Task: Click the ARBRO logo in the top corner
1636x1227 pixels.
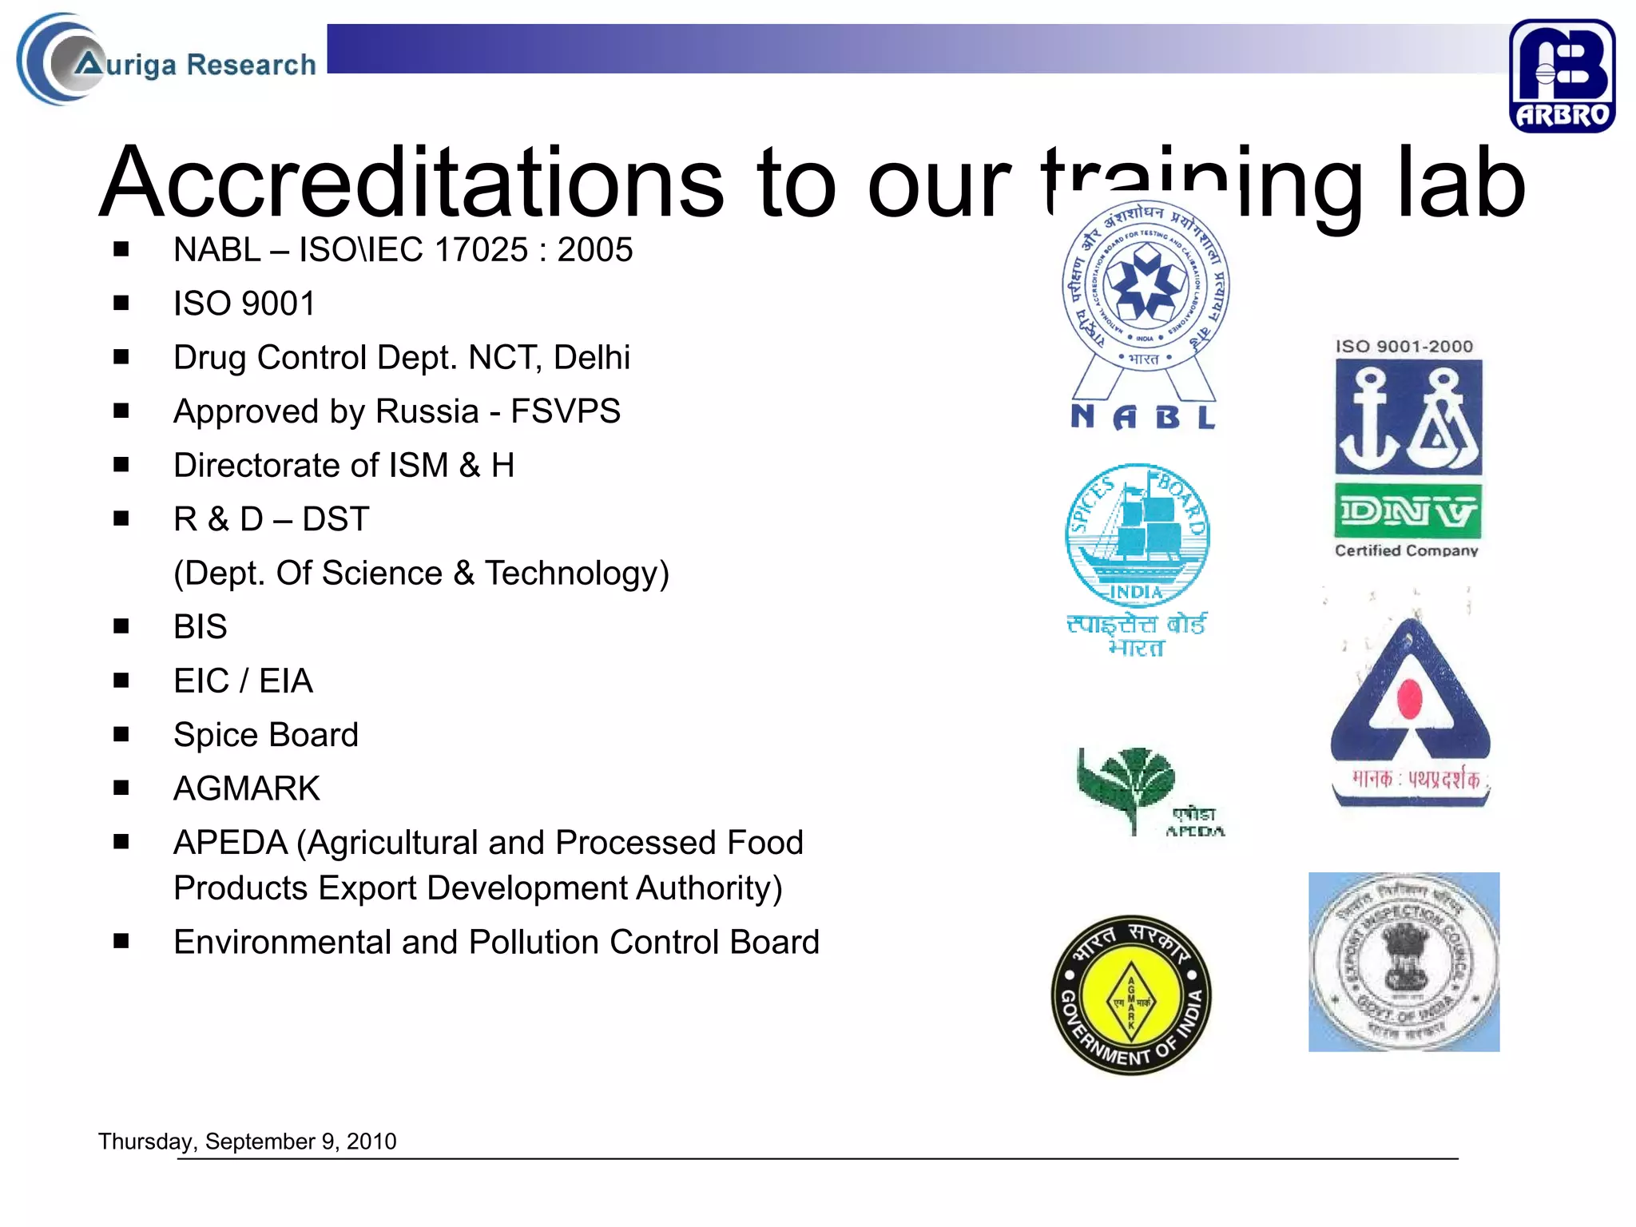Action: tap(1562, 76)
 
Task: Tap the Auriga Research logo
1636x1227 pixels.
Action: tap(168, 62)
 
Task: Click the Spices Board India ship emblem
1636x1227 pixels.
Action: tap(1138, 536)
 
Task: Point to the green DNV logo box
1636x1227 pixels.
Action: tap(1407, 511)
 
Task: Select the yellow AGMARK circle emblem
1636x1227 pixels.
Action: tap(1131, 995)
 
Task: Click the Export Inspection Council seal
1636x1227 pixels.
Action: tap(1404, 961)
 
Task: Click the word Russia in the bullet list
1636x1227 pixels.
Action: tap(427, 411)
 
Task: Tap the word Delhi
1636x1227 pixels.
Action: tap(592, 358)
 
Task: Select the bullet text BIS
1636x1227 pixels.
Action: tap(201, 627)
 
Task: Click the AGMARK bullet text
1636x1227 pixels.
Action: tap(247, 788)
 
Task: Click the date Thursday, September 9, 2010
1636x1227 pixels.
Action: tap(248, 1141)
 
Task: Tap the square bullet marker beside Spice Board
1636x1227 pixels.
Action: tap(121, 734)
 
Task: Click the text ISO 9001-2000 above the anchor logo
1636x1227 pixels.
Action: tap(1404, 347)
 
